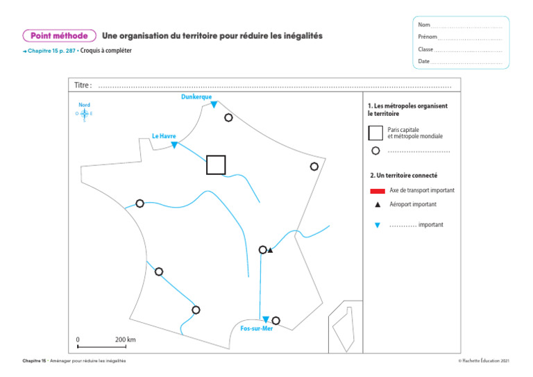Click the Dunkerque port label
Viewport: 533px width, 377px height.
pos(196,97)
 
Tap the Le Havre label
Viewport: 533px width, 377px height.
pos(164,136)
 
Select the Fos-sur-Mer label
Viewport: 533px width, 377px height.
pos(256,328)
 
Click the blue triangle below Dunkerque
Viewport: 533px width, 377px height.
pos(214,105)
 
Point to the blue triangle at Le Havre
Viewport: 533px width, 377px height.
pos(174,144)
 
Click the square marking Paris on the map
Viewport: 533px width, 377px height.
pos(216,165)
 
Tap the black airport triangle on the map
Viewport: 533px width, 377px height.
pos(270,250)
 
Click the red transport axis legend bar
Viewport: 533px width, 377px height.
pos(378,190)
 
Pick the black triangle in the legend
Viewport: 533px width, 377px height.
pos(377,205)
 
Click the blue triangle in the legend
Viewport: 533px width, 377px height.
pos(377,226)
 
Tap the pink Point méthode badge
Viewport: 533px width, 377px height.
pos(59,35)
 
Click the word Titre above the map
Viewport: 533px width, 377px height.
pos(83,85)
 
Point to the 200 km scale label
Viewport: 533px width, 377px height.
pos(125,340)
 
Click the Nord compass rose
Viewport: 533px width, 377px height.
pos(84,113)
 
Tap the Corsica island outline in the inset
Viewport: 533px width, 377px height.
pos(341,326)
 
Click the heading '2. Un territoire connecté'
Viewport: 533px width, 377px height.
pos(403,176)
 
